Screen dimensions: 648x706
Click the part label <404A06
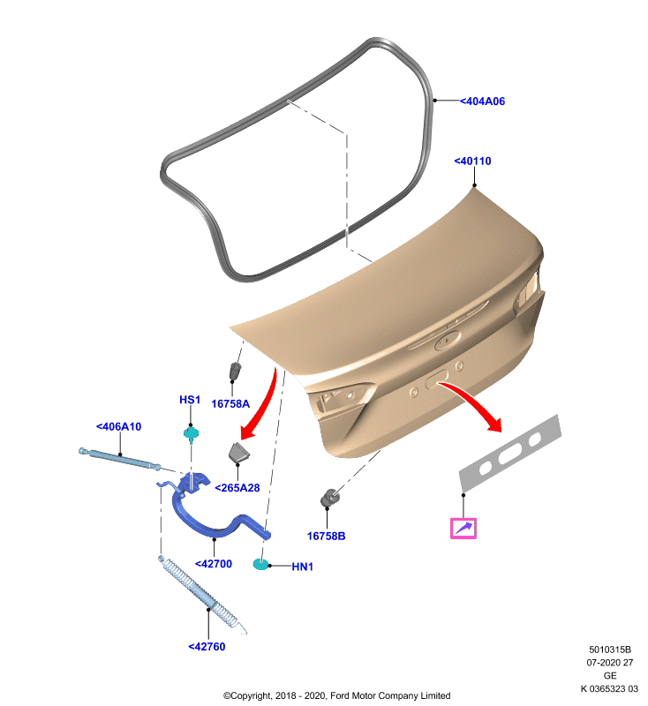[482, 101]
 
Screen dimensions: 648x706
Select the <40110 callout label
[472, 161]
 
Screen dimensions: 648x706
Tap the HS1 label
[190, 400]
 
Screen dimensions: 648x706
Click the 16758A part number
[230, 403]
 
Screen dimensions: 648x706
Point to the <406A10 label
[118, 426]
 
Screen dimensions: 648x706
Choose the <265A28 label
[237, 488]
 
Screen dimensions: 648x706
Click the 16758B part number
[326, 536]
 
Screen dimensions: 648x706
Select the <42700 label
[214, 564]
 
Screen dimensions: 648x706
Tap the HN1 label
[302, 567]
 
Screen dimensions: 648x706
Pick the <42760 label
[207, 647]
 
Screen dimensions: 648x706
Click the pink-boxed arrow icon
[463, 528]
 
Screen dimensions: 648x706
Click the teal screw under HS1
[192, 434]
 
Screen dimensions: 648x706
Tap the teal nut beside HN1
[260, 564]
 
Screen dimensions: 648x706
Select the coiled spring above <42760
[202, 593]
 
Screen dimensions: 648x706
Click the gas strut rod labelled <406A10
[119, 458]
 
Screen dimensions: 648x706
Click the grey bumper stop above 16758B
[330, 498]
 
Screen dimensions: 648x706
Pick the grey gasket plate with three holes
[510, 453]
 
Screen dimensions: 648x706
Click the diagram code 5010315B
[610, 650]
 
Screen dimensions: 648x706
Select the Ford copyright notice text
[337, 695]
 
